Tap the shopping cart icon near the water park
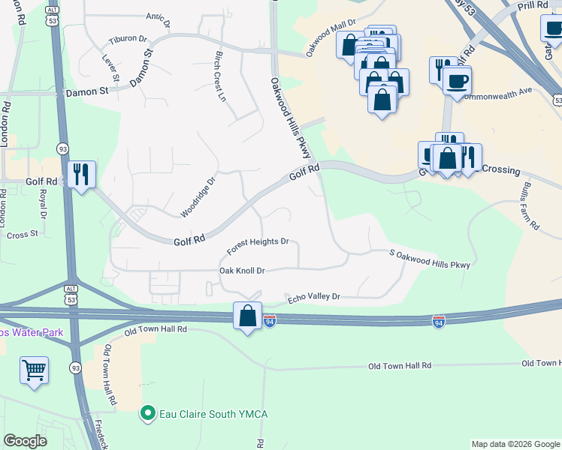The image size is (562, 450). tap(35, 370)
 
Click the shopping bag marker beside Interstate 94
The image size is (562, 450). tap(247, 316)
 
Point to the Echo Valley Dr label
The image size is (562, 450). tap(314, 298)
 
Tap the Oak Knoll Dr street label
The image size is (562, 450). tap(242, 270)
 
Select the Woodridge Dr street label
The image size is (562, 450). tap(198, 197)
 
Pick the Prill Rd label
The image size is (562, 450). tap(533, 6)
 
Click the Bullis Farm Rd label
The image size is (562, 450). tap(528, 205)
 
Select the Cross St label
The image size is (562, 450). tap(22, 235)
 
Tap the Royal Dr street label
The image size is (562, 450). tap(43, 204)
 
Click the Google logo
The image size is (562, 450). tap(26, 441)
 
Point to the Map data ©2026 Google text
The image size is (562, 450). tap(515, 444)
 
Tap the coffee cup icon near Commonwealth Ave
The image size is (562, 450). tap(457, 80)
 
